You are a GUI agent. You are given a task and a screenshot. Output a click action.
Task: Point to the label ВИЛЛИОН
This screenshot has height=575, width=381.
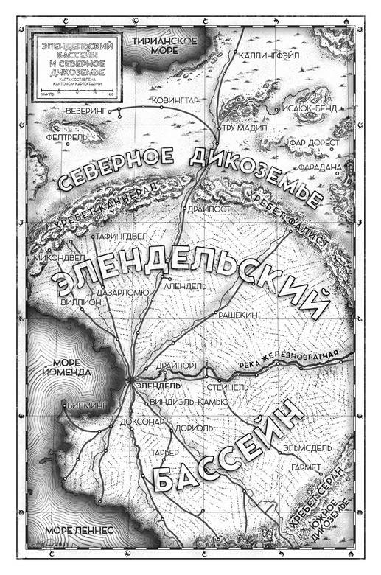[x=75, y=302]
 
